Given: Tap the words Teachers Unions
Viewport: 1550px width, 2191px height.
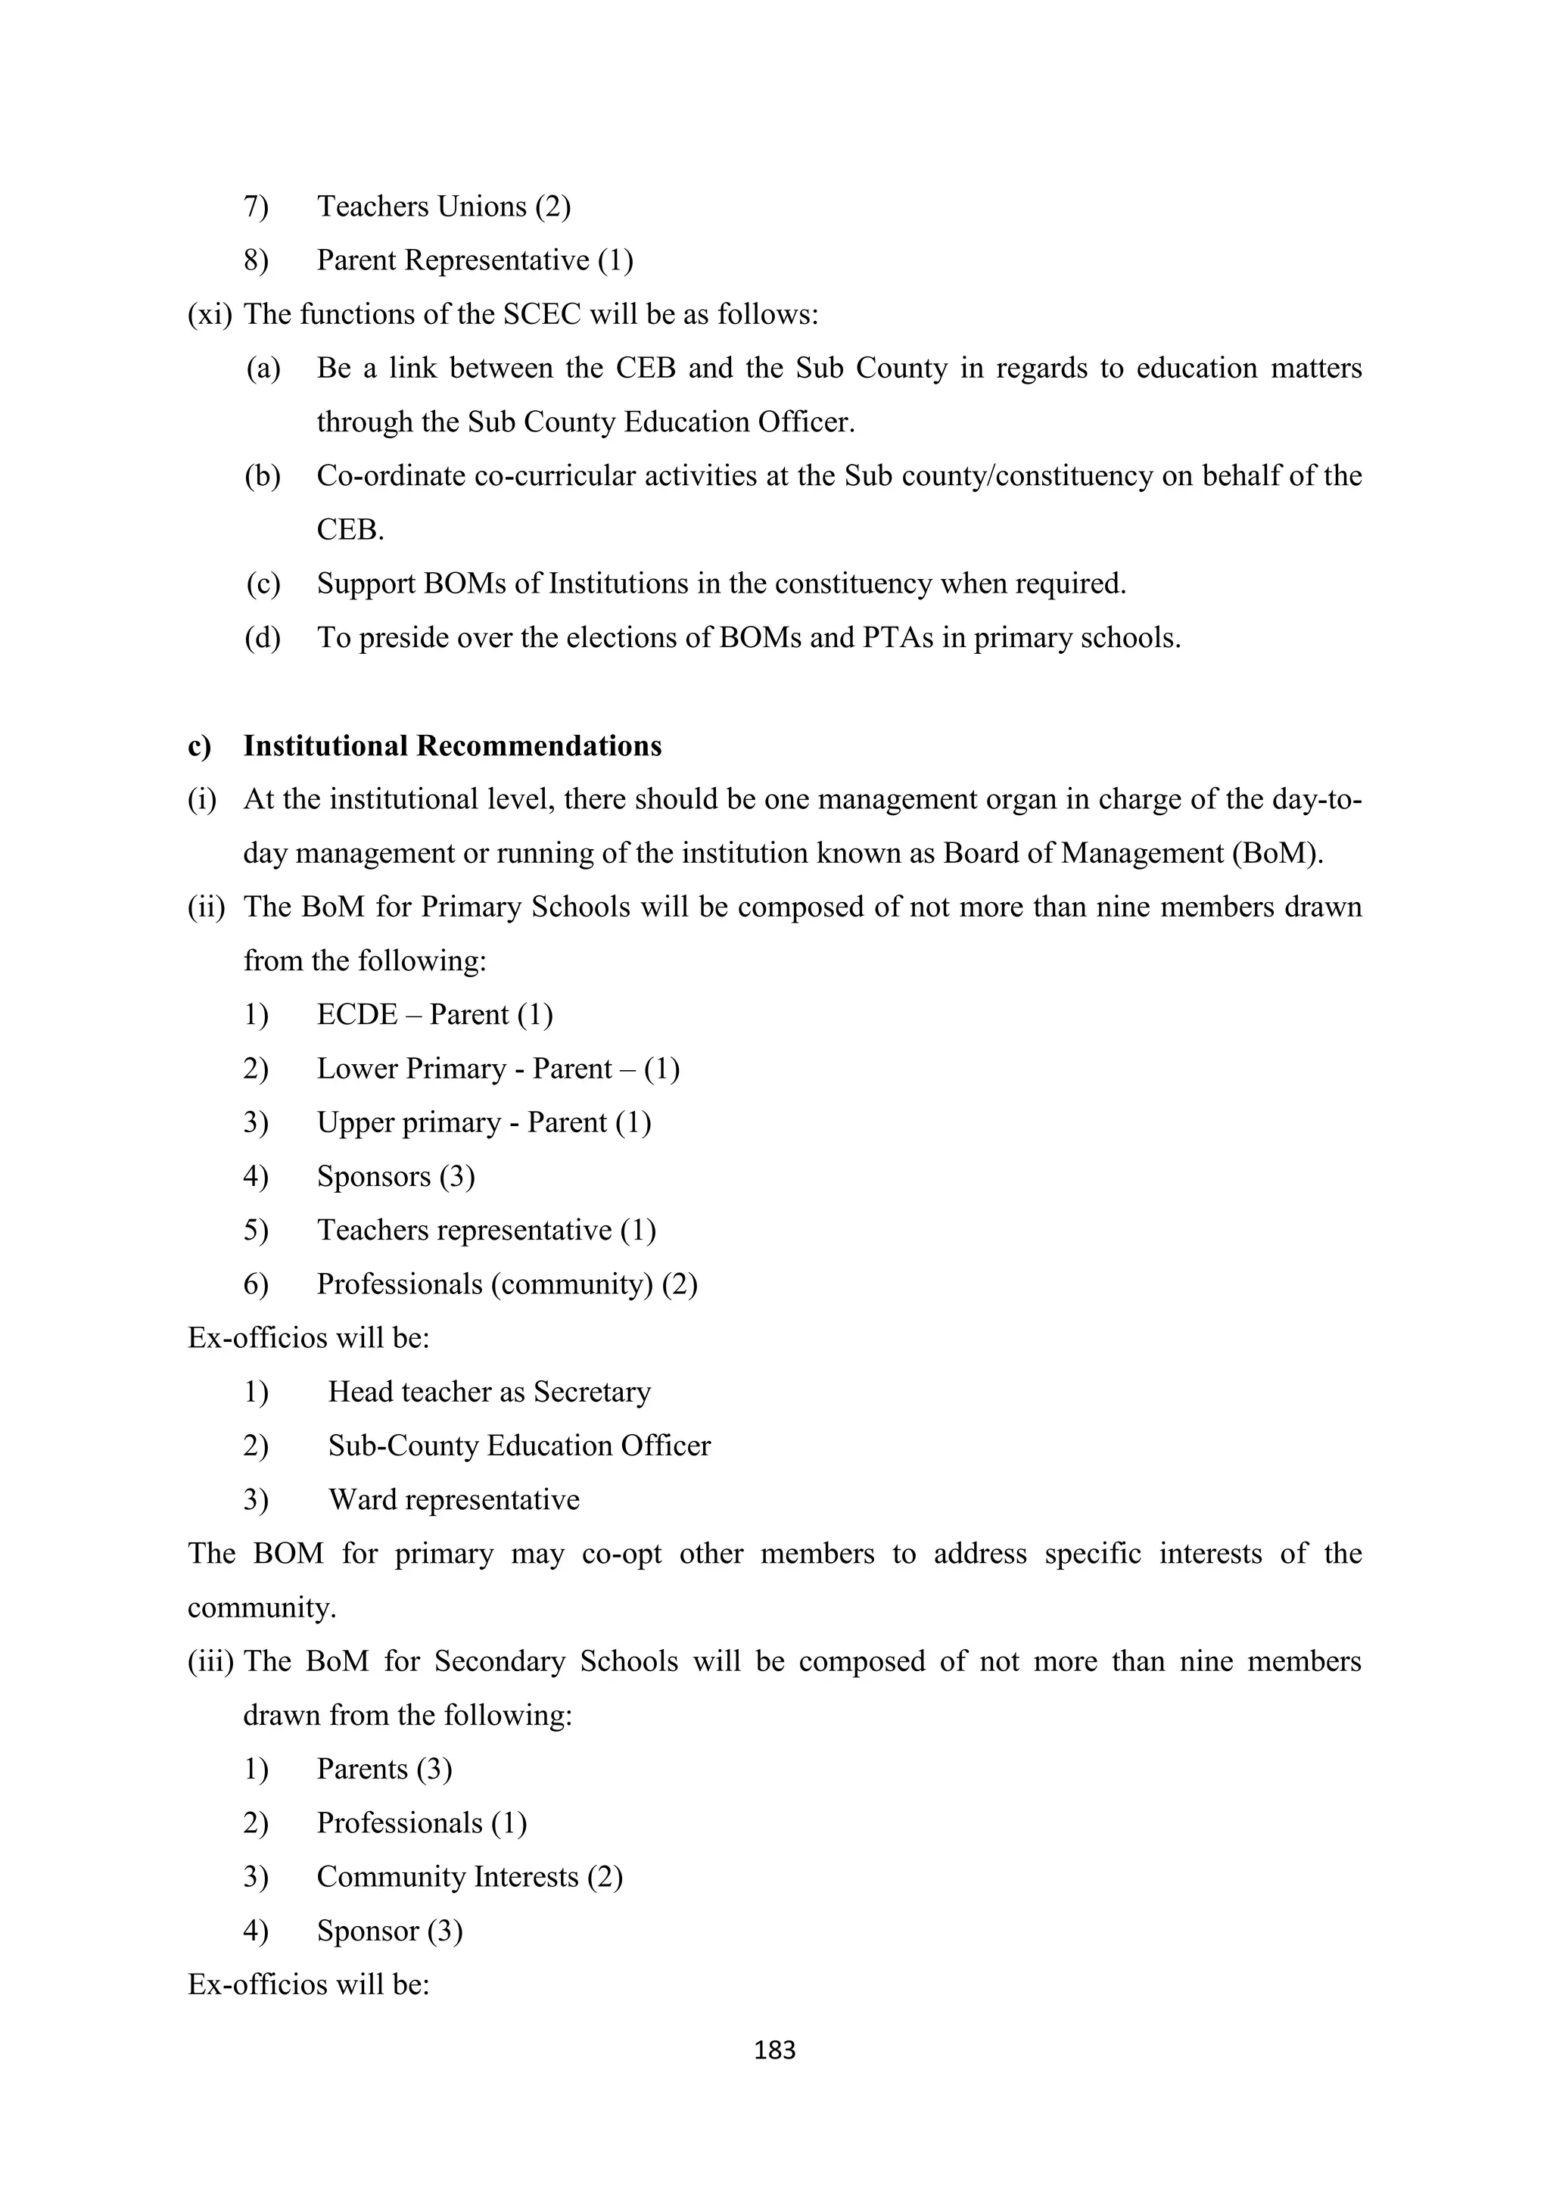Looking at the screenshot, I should click(422, 206).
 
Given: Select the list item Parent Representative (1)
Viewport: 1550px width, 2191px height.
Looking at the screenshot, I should click(475, 260).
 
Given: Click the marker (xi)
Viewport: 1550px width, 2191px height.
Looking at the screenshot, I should click(210, 314).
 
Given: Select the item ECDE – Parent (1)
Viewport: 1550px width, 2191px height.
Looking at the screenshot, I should click(434, 1013).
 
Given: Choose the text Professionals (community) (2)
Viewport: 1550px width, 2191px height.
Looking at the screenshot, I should click(507, 1284).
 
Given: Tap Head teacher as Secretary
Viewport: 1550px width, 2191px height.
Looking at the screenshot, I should click(489, 1391).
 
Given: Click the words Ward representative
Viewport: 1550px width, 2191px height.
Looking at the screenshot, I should click(453, 1499).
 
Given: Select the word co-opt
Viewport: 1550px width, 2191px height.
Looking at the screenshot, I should click(621, 1554).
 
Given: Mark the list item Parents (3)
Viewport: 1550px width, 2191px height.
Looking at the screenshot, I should click(384, 1768).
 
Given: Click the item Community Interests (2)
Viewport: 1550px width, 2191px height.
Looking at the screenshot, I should click(469, 1876).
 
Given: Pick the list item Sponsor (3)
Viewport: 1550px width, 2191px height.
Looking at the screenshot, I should click(390, 1931).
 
